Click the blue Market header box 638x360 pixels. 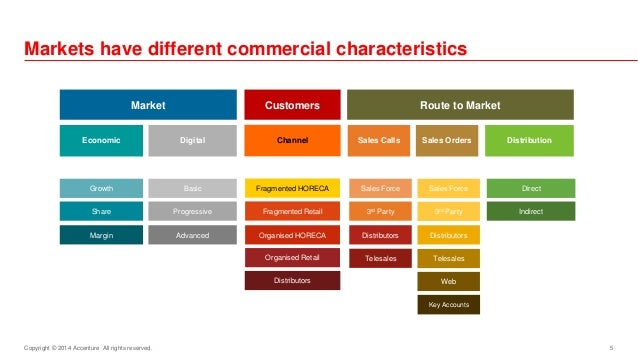148,104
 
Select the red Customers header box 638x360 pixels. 292,104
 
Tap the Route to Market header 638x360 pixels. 460,104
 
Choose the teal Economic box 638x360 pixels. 102,141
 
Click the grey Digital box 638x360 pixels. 193,141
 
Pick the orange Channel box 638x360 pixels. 292,141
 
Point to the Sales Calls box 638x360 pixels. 379,141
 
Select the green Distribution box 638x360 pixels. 529,141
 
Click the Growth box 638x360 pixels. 102,188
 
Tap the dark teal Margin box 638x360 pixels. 102,235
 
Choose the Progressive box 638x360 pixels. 193,212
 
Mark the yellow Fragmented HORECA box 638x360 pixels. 292,188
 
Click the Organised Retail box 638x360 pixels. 292,258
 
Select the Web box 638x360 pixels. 448,282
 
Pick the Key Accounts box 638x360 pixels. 448,305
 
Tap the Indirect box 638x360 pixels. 529,212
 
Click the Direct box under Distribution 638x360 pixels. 529,188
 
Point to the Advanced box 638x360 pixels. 193,235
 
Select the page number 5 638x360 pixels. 610,347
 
